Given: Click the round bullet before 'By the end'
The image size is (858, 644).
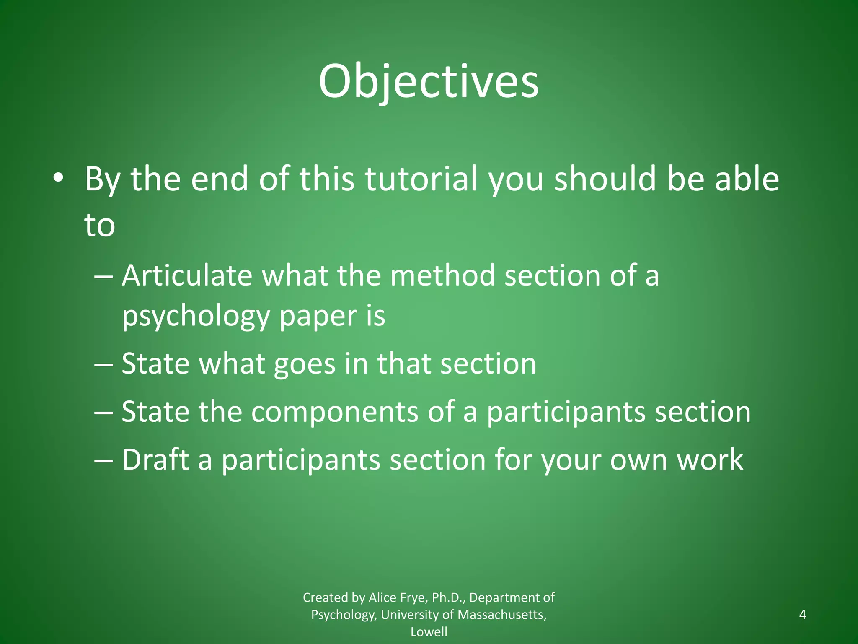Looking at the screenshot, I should pyautogui.click(x=58, y=178).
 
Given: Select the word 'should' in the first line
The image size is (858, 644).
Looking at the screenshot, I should pyautogui.click(x=605, y=179).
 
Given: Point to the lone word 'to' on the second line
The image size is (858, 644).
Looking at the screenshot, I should pyautogui.click(x=100, y=225).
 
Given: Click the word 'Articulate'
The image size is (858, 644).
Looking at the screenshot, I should pyautogui.click(x=187, y=276).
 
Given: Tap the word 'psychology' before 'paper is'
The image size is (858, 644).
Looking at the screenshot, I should pyautogui.click(x=195, y=316).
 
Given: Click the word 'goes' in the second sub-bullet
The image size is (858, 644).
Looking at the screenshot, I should pyautogui.click(x=305, y=364).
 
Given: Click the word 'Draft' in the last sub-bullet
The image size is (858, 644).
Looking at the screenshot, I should pyautogui.click(x=155, y=460).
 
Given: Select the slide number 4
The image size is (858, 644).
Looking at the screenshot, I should pyautogui.click(x=802, y=615).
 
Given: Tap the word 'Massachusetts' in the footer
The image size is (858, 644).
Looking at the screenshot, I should pyautogui.click(x=502, y=615).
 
